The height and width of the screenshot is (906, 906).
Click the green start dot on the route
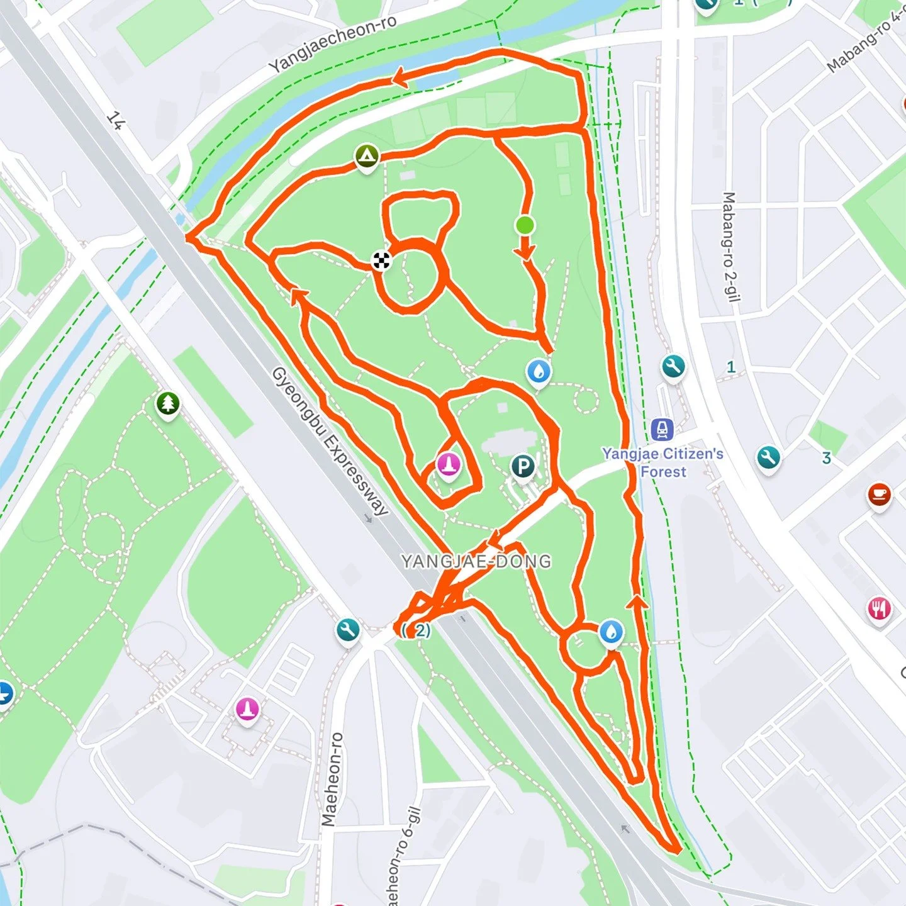point(525,225)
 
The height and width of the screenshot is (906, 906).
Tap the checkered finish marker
point(381,260)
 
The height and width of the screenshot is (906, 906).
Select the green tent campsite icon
point(367,155)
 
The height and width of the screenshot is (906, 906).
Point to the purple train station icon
point(662,430)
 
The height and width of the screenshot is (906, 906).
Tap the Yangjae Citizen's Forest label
point(663,462)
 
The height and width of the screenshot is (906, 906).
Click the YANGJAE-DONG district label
point(476,561)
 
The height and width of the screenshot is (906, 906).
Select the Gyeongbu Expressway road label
point(330,442)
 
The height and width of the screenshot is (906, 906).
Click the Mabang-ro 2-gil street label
point(730,247)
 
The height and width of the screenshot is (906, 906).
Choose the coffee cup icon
point(879,495)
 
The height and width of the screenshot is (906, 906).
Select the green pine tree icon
point(168,403)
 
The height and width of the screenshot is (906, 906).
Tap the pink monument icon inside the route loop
point(449,466)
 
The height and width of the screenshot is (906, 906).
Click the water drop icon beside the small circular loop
point(611,632)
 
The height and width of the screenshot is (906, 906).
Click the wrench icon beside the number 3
point(768,457)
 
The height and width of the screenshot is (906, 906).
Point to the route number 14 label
point(115,120)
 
